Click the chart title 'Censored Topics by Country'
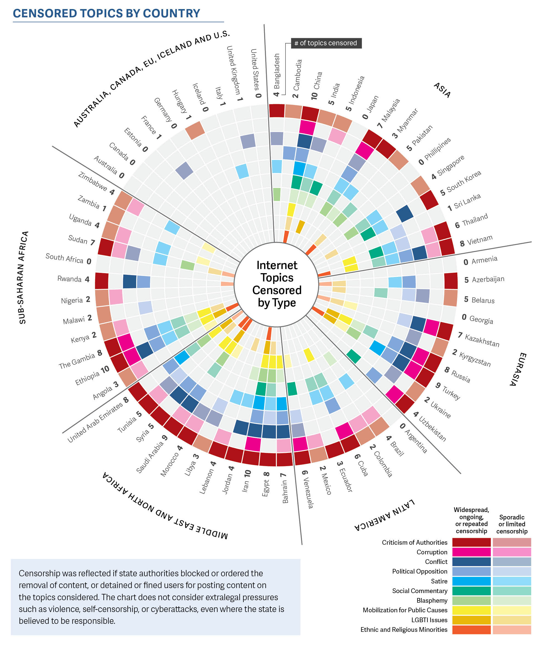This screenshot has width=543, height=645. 106,13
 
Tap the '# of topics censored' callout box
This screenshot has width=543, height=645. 326,43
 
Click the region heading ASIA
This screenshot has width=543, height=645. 442,90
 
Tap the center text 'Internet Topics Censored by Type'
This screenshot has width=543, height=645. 277,284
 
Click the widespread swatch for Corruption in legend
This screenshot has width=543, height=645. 471,552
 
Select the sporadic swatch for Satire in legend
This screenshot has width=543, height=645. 512,581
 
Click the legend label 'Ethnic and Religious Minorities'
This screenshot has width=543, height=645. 404,630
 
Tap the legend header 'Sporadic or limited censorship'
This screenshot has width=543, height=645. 512,524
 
